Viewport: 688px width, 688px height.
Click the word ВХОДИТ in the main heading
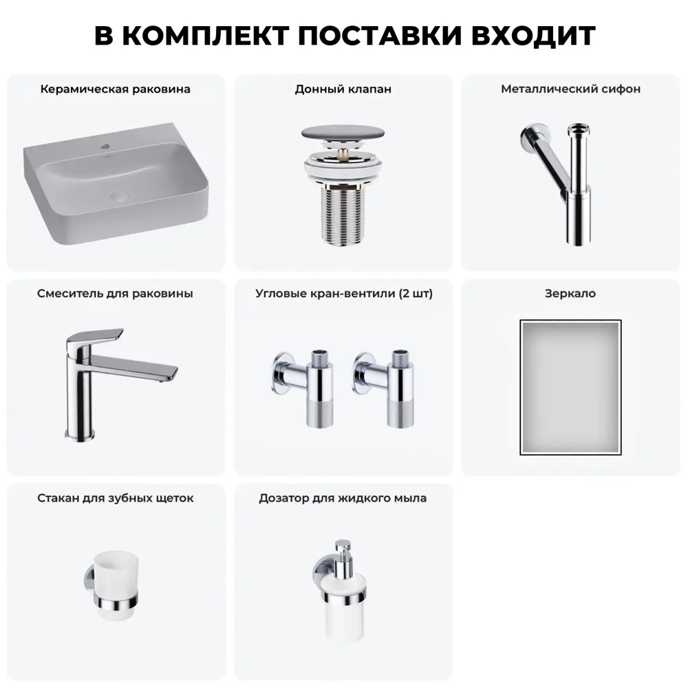pos(533,36)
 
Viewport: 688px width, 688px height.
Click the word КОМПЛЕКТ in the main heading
pos(205,36)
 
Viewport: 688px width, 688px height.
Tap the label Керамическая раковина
pos(116,89)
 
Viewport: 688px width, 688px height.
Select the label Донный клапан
pos(343,89)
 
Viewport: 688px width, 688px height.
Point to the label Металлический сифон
pos(570,89)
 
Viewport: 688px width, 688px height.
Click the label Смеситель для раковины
pos(115,294)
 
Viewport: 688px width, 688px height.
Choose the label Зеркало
pos(570,294)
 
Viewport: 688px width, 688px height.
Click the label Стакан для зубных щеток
pos(116,498)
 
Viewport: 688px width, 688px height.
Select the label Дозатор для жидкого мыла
pos(343,498)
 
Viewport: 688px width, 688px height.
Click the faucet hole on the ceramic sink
pos(105,146)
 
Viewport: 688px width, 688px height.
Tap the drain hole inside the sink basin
pos(118,195)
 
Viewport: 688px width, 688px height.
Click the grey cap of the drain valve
pos(343,133)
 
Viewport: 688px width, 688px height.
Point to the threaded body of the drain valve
pos(343,214)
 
